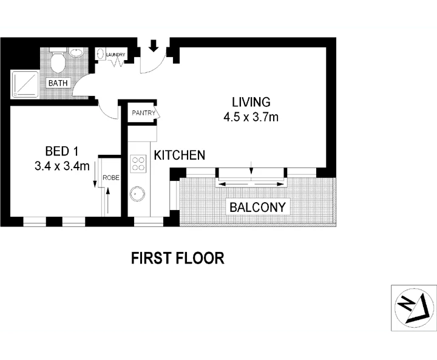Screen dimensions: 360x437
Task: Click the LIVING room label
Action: (251, 103)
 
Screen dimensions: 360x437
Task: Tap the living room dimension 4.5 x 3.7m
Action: (251, 117)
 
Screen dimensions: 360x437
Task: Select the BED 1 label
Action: (61, 151)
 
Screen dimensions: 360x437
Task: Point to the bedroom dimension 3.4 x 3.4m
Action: (62, 165)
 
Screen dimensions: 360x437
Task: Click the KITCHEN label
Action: (179, 155)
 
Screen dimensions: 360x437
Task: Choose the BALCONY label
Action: (257, 207)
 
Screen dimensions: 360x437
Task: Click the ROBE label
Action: (110, 178)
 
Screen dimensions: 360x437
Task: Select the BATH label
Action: (58, 83)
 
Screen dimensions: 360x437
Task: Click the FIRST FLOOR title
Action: (178, 258)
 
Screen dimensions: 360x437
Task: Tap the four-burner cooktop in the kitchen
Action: (138, 163)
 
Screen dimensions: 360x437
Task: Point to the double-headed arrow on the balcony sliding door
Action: (251, 184)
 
